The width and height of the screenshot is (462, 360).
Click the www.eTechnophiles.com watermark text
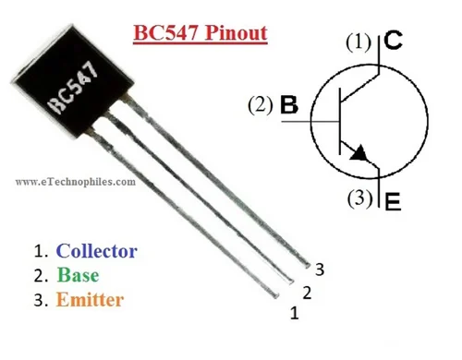pos(76,182)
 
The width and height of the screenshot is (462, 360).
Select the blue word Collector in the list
pos(96,250)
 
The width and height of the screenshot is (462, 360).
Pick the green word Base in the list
pos(78,274)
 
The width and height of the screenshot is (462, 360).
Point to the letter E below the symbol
pos(392,202)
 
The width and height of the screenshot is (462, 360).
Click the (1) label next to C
pos(359,42)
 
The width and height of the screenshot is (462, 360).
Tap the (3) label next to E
pos(359,198)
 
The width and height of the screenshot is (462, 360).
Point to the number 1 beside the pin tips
pos(294,313)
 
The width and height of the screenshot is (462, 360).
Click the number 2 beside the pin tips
pos(307,294)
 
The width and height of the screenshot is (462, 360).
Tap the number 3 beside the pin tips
pos(319,270)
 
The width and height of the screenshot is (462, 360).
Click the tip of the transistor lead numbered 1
pos(275,294)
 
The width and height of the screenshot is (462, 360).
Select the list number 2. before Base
pos(41,275)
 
